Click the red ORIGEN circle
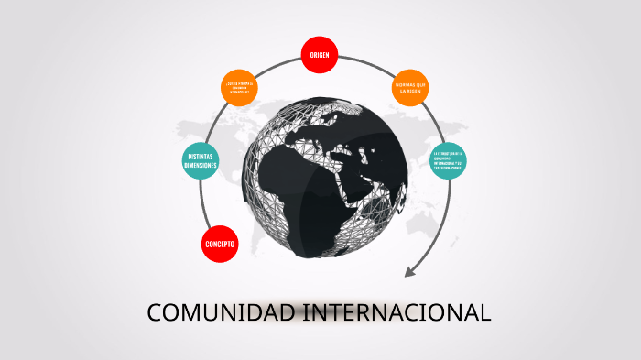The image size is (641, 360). (320, 55)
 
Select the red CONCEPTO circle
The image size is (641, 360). (220, 245)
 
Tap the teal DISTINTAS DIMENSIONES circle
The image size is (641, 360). (201, 161)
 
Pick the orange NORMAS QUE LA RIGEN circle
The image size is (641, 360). (410, 87)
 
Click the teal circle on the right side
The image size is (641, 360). (449, 161)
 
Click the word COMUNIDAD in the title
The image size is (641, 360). (221, 312)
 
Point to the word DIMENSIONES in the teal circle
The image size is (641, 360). (201, 166)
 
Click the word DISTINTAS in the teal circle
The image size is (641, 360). (201, 157)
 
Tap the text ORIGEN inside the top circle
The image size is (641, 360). (320, 55)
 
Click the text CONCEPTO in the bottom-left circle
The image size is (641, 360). (220, 245)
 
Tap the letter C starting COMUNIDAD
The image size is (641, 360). (154, 312)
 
